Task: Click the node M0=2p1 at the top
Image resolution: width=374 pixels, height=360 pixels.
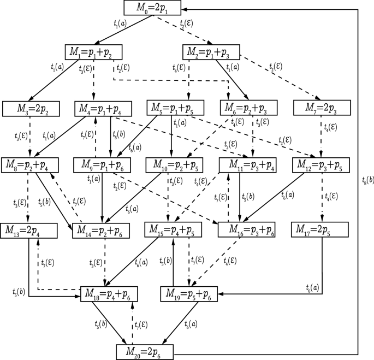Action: tap(151, 8)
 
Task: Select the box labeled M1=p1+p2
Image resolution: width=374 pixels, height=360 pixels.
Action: tap(93, 51)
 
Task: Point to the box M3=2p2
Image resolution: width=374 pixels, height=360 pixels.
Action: tap(30, 108)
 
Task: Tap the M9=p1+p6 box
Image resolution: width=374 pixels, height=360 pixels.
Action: tap(102, 164)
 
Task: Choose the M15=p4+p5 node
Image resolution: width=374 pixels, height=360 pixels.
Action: tap(174, 230)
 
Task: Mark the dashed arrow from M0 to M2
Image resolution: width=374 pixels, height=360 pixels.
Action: tap(180, 29)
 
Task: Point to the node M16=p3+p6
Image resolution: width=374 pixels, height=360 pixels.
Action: tap(246, 230)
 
